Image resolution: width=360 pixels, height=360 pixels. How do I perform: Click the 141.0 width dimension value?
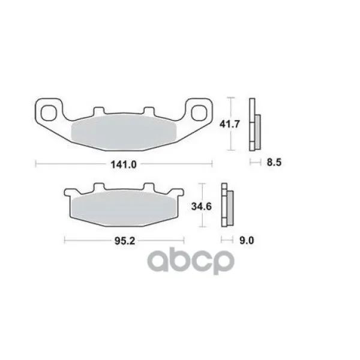coord(124,164)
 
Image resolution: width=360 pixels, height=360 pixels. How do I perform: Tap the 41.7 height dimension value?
coord(230,124)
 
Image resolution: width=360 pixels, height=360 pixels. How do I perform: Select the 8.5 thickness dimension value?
coord(274,163)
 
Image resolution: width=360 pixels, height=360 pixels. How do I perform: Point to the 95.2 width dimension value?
coord(125,241)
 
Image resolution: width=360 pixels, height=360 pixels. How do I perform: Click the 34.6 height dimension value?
coord(202,206)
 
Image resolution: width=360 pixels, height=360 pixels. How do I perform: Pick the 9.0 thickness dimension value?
coord(247,241)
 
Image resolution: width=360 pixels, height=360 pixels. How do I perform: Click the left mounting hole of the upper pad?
coord(48,113)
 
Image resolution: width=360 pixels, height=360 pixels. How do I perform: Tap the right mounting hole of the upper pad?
coord(199,113)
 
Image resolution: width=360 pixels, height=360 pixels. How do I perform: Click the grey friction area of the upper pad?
coord(124,133)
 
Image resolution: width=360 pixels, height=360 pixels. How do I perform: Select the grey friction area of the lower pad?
coord(124,208)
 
